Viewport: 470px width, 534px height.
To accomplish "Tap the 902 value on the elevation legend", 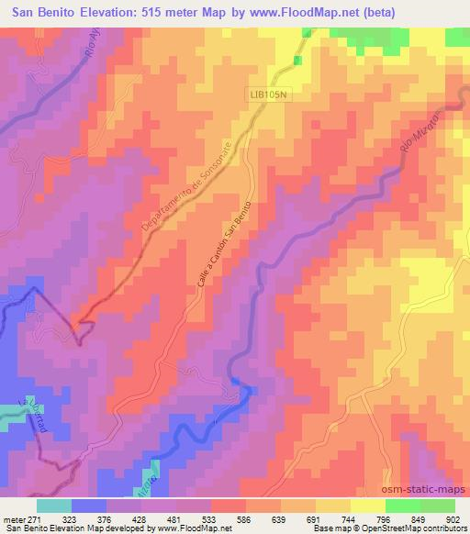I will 453,518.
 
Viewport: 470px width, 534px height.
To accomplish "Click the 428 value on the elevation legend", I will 139,518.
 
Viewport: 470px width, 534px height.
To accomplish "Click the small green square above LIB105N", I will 297,61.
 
